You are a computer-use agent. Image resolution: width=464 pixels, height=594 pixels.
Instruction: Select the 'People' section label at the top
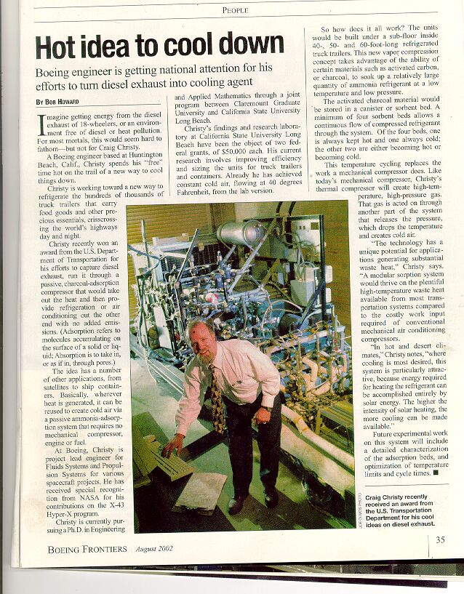coord(235,10)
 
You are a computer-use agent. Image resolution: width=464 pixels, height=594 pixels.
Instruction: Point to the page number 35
coord(441,539)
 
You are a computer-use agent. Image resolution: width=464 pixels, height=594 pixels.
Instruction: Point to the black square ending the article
coord(436,473)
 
